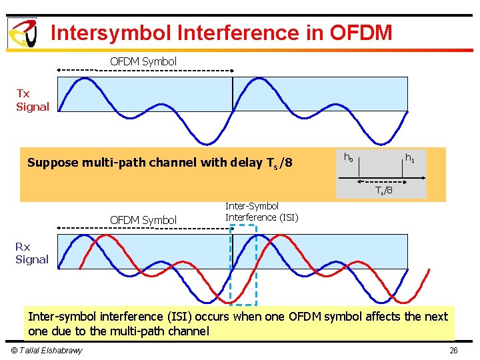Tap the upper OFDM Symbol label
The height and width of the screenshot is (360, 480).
pos(143,61)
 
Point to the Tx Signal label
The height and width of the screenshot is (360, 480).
pos(33,100)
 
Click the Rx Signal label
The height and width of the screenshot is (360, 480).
pos(32,253)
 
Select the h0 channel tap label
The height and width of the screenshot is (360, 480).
pos(348,157)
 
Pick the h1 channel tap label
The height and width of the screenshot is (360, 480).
pos(410,158)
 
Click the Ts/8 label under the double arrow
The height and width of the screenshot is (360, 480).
pos(383,191)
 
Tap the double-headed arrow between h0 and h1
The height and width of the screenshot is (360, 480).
pos(380,180)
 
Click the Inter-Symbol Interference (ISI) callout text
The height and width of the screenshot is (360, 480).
pos(261,212)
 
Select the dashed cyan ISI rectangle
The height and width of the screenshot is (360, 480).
pos(243,264)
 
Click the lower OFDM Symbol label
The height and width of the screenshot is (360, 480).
pos(143,220)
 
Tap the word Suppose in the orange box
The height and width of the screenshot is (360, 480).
pos(51,163)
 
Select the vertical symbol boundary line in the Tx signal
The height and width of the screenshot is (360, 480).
pos(233,93)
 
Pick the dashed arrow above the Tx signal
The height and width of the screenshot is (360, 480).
pos(145,70)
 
